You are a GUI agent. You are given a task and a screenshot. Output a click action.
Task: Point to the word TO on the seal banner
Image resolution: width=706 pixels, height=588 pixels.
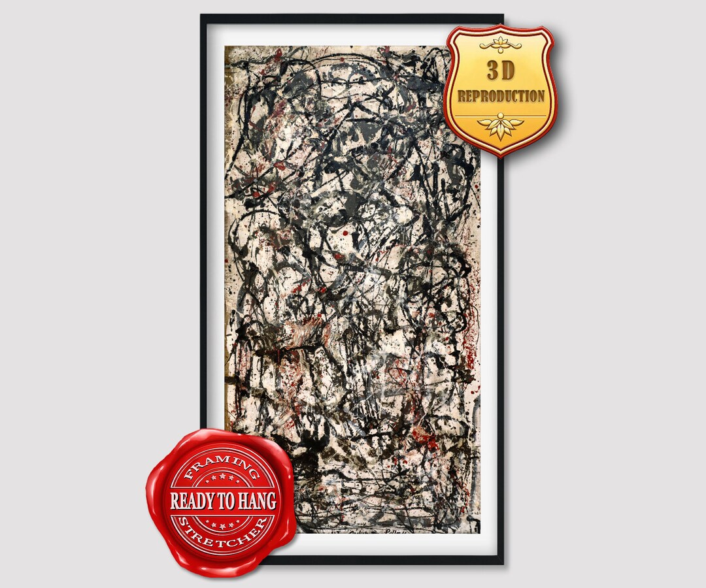[x=227, y=501]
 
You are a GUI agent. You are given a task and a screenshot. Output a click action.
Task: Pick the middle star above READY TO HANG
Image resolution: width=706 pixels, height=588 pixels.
[x=223, y=481]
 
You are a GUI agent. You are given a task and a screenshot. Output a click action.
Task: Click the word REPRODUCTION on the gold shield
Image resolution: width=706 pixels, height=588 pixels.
[x=501, y=96]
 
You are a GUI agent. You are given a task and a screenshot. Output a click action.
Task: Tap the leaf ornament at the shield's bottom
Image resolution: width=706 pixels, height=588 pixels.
[x=501, y=126]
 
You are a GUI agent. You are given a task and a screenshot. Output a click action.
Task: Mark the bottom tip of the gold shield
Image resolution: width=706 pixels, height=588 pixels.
[x=501, y=156]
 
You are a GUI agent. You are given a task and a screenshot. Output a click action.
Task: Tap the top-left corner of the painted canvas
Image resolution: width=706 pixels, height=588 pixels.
[x=226, y=46]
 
